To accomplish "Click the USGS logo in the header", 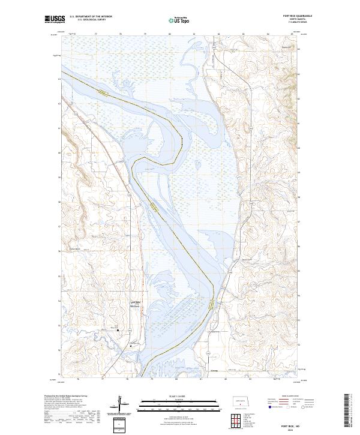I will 55,19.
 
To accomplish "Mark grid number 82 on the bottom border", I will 225,379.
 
